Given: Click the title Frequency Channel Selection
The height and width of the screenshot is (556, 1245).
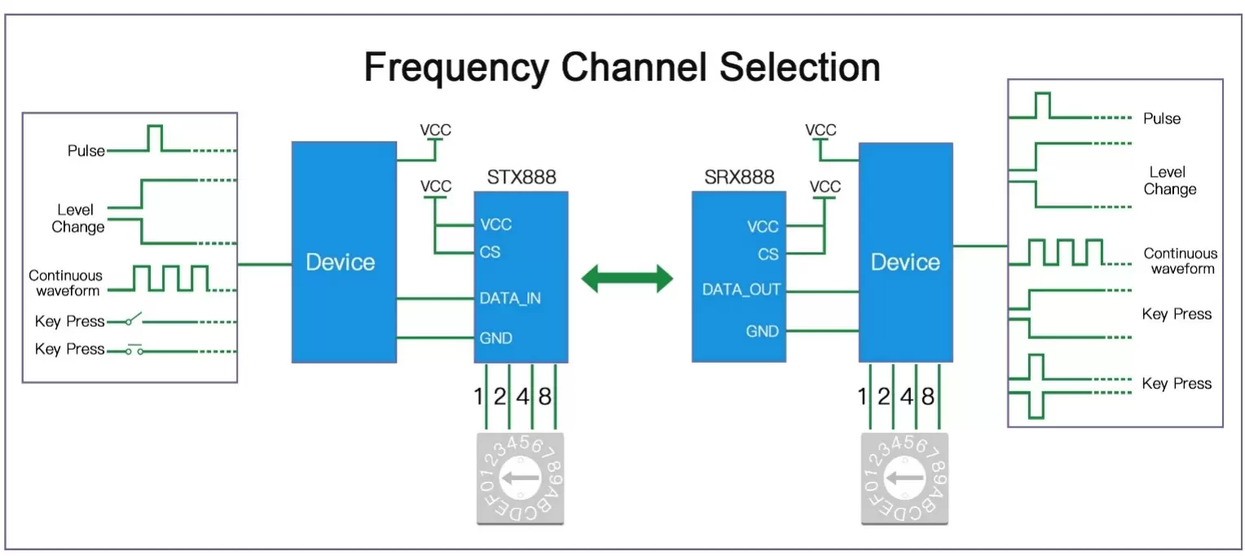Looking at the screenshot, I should [x=622, y=67].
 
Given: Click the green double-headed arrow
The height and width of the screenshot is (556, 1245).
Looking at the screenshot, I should [x=627, y=279].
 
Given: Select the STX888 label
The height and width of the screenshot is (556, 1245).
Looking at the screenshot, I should [x=521, y=177].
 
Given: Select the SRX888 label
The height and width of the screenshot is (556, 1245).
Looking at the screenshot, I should [x=739, y=177].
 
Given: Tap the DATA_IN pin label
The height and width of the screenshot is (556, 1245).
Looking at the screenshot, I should [x=510, y=298].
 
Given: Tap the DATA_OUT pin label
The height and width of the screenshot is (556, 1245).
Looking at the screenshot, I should [x=741, y=289].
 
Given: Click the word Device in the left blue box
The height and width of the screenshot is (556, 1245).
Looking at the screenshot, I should [x=340, y=263].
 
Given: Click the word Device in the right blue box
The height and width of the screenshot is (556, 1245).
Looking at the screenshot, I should [x=905, y=263].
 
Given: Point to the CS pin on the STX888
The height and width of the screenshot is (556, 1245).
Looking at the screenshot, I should [x=490, y=252].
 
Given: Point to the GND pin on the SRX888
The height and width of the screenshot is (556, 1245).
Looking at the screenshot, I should [x=763, y=331].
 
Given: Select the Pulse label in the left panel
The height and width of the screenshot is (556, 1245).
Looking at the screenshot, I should [x=86, y=151].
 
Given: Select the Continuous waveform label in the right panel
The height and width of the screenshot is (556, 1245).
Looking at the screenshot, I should [x=1181, y=261].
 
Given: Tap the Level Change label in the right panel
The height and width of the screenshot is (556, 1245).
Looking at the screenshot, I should [x=1170, y=181].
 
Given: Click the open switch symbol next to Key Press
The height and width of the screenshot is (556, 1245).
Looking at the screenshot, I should [x=135, y=319].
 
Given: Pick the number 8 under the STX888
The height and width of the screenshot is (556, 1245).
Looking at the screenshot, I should [x=544, y=397].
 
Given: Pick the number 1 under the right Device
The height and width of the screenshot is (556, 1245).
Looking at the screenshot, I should [x=862, y=397].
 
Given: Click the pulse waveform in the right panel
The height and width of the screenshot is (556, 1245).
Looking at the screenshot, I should [x=1042, y=107].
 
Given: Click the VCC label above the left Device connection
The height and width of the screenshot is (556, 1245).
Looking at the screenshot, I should [x=435, y=130].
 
